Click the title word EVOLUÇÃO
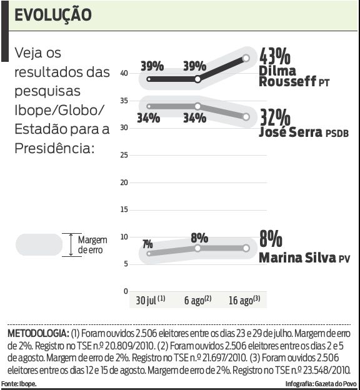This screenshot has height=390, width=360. (x=52, y=14)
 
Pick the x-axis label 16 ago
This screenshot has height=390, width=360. (x=242, y=300)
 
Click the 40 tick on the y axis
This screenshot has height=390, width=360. (x=124, y=73)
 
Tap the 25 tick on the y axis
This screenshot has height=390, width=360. (x=124, y=155)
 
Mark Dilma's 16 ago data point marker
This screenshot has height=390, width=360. (x=246, y=58)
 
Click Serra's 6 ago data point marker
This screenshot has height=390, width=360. (x=197, y=106)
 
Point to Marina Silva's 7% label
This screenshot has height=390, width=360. (x=147, y=244)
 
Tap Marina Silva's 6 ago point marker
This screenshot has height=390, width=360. (x=197, y=248)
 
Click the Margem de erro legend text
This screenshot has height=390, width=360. (x=92, y=244)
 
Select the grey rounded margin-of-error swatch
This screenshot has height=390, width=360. (x=39, y=244)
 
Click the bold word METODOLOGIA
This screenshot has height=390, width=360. (x=38, y=332)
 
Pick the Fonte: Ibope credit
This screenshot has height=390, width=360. (x=19, y=383)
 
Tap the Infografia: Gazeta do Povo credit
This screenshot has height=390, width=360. (x=320, y=383)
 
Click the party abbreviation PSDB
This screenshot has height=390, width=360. (x=336, y=134)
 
